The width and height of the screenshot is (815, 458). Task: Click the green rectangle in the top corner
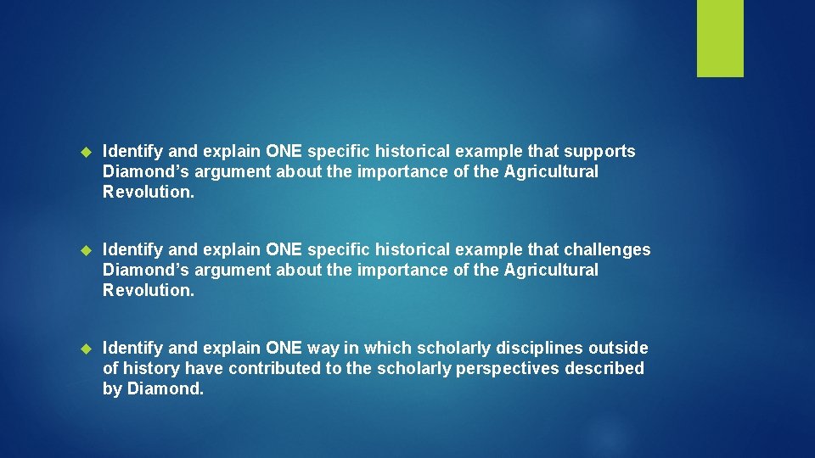click(720, 37)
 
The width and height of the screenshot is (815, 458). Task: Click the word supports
click(600, 152)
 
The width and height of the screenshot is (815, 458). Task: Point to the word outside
click(618, 349)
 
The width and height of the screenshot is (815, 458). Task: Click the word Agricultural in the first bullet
click(551, 172)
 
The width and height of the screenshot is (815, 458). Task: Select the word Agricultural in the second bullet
click(551, 271)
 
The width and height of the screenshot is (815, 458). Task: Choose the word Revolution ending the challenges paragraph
click(148, 290)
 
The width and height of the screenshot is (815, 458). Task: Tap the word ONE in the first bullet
click(284, 152)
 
